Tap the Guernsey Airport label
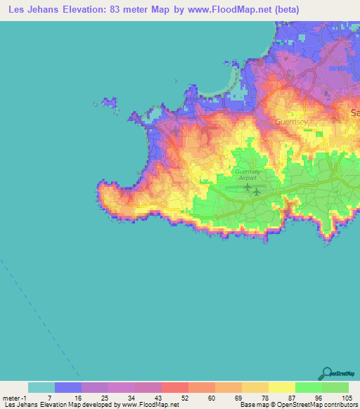(247, 175)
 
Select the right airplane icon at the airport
(257, 191)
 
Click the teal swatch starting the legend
(41, 387)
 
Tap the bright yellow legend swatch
(282, 387)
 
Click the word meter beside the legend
(11, 397)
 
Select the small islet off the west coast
(109, 103)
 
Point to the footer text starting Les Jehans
(89, 405)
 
